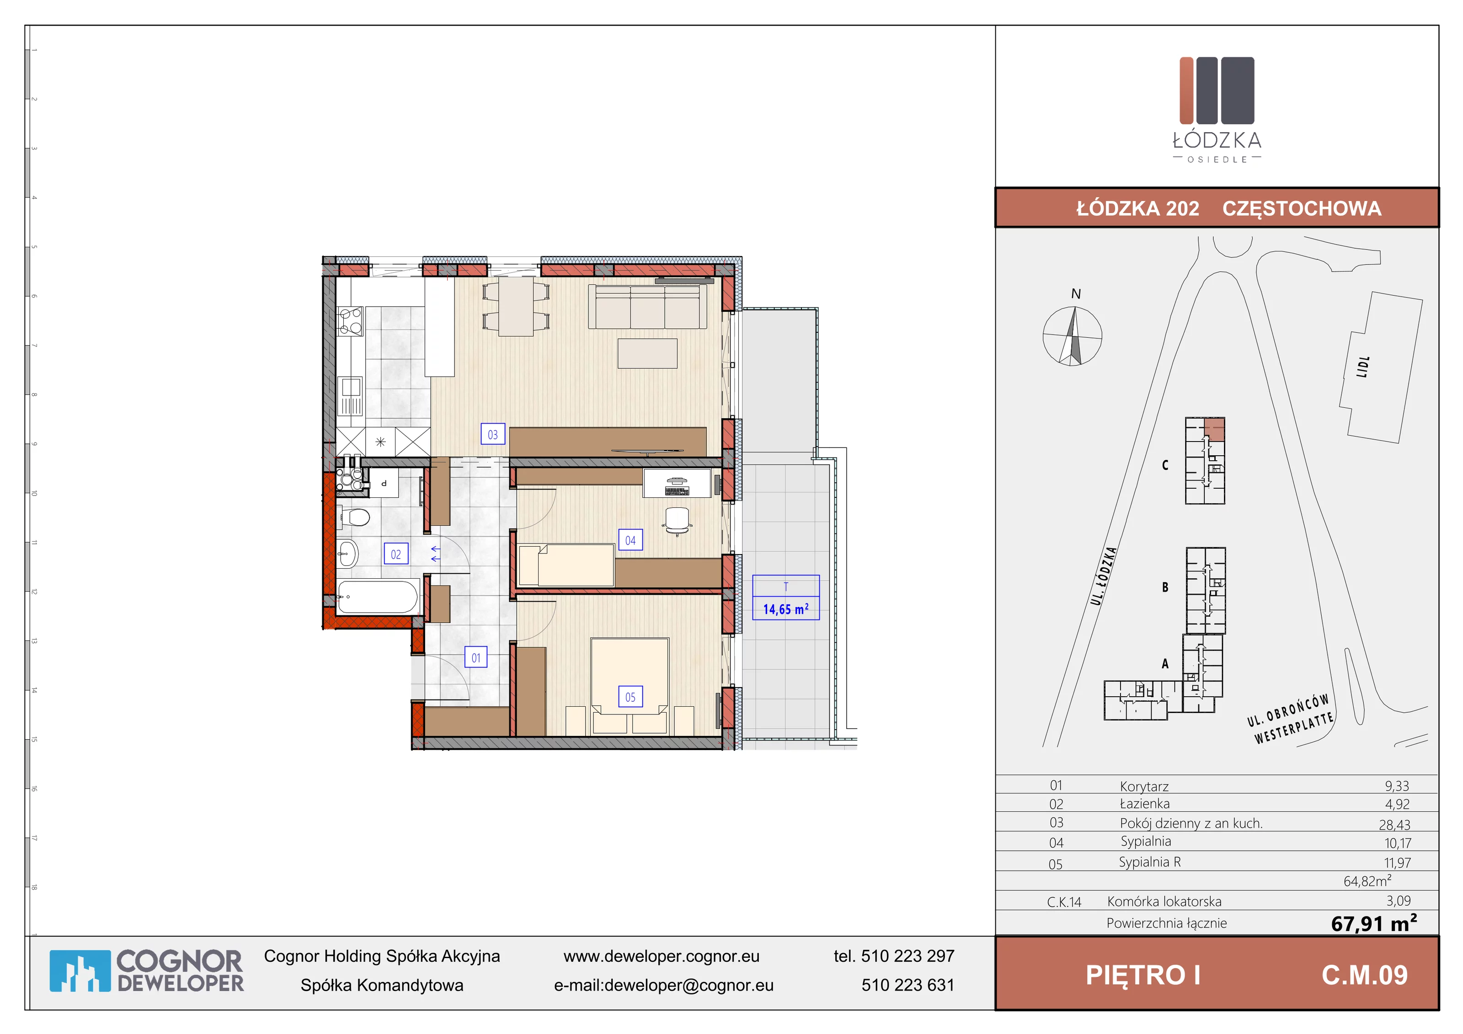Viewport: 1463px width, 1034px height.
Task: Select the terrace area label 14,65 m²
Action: (x=785, y=609)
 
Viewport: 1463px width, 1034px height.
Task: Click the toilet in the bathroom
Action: (x=355, y=517)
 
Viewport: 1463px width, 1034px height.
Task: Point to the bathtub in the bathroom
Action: (x=377, y=597)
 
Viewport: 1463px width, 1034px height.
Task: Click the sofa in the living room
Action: (x=647, y=306)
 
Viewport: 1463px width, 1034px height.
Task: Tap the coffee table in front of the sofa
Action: (x=647, y=353)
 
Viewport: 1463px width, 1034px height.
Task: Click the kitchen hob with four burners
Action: (x=350, y=321)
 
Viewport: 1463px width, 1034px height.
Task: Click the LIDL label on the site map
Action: (x=1362, y=367)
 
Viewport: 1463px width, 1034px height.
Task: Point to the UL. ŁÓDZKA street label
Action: (x=1104, y=576)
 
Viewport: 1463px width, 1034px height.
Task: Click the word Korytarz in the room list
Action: (x=1144, y=786)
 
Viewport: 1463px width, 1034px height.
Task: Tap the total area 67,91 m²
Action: (x=1374, y=922)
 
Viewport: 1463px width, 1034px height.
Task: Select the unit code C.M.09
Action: (x=1364, y=975)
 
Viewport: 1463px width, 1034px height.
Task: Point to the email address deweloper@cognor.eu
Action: (x=689, y=985)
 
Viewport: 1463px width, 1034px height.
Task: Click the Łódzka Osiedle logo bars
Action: (x=1217, y=90)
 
